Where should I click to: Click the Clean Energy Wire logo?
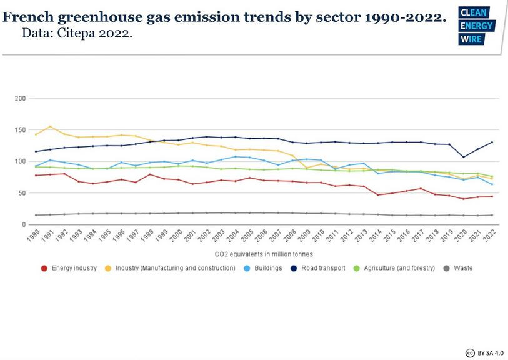pos(476,26)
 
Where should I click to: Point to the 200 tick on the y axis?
pos(20,99)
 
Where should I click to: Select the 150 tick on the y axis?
pos(20,130)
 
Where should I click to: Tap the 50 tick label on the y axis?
pos(22,193)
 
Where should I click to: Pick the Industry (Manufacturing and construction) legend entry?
pos(177,268)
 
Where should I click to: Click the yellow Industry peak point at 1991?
pos(51,127)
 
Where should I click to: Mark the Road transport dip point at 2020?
pos(463,157)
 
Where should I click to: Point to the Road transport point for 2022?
pos(491,142)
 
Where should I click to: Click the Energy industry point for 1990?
pos(37,175)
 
